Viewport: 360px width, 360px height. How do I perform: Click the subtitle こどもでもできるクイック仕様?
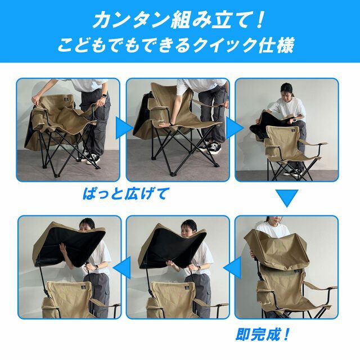175,45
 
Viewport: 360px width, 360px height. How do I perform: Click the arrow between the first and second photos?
124,128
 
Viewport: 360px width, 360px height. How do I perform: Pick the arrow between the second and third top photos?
235,128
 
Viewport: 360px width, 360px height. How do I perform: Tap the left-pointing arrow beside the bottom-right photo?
232,268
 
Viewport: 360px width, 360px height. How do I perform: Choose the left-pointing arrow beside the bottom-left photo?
121,268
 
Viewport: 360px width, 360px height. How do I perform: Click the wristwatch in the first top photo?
103,95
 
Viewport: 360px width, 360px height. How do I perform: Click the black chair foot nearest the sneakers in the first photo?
97,167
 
